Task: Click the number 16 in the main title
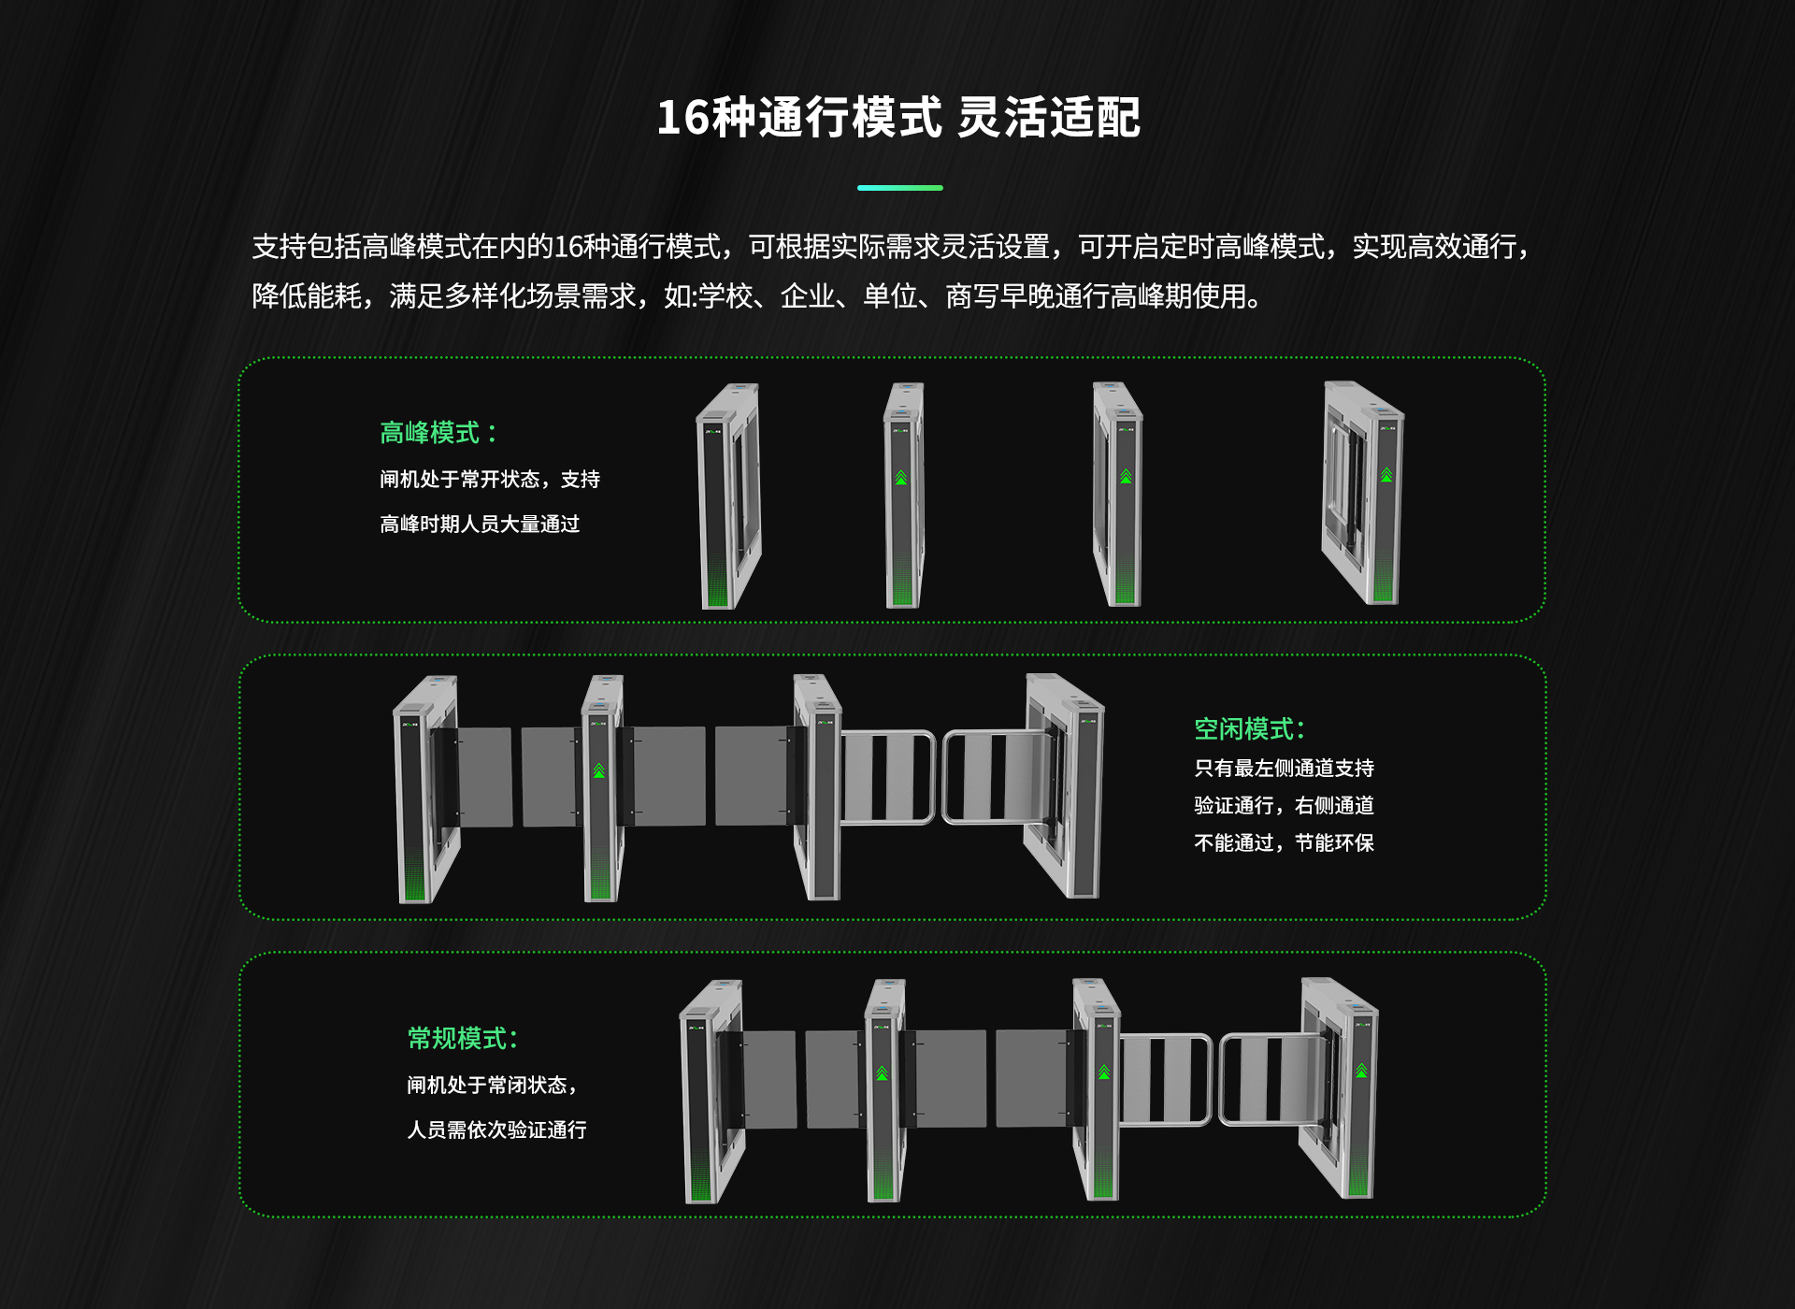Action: [x=683, y=119]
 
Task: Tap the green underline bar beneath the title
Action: [x=899, y=188]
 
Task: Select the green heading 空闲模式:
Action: [x=1249, y=729]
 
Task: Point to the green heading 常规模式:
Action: [x=462, y=1038]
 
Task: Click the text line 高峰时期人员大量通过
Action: [x=480, y=525]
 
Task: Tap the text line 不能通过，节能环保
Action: [x=1283, y=843]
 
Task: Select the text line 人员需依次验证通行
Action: [x=496, y=1130]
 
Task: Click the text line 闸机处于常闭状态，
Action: [x=492, y=1086]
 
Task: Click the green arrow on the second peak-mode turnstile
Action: [x=901, y=478]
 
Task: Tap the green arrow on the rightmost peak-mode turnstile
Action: [x=1386, y=475]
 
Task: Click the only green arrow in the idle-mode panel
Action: [x=599, y=771]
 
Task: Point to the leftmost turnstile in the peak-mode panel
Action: [x=729, y=496]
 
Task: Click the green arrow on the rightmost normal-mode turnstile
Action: [x=1361, y=1071]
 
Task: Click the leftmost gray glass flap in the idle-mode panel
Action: [x=484, y=777]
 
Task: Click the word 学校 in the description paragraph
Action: [x=725, y=296]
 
